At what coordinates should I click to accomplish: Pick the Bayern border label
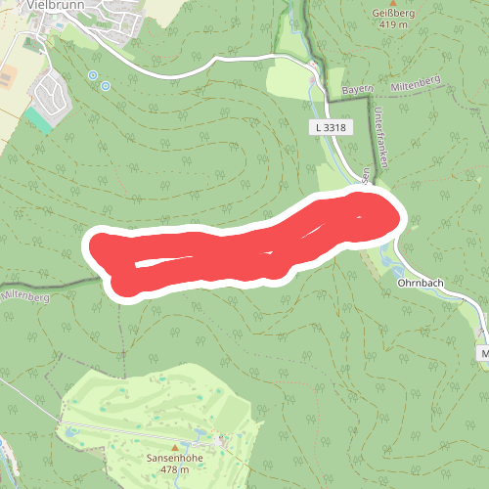(x=358, y=90)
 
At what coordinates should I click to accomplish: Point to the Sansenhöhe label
(x=174, y=458)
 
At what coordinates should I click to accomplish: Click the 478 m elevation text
(x=174, y=470)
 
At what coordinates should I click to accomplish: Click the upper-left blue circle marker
(x=93, y=75)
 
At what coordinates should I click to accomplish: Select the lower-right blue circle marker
(x=105, y=86)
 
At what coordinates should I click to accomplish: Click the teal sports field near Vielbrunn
(x=38, y=120)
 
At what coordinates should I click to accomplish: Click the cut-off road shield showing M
(x=484, y=351)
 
